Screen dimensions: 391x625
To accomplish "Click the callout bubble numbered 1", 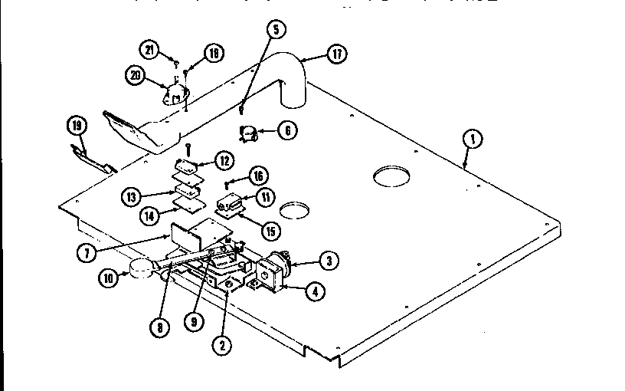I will tap(473, 139).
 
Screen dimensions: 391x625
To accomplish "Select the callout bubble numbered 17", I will tap(336, 54).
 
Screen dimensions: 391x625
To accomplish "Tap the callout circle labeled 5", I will tap(276, 30).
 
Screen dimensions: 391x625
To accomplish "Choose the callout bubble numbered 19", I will tap(76, 125).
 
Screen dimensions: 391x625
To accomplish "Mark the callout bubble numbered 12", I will tap(224, 161).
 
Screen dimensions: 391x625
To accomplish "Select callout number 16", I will tap(258, 176).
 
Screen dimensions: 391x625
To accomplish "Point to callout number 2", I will tap(221, 345).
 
